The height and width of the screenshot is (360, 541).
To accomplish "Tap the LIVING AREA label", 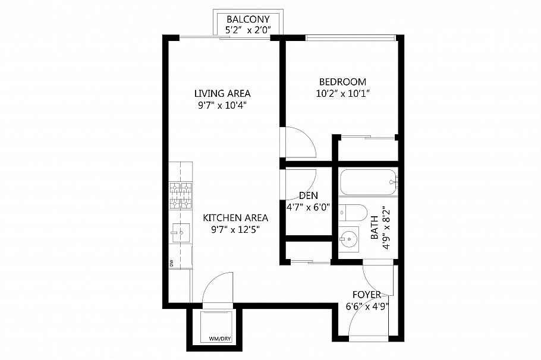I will coord(222,94).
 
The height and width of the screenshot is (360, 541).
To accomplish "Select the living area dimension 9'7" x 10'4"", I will coord(222,105).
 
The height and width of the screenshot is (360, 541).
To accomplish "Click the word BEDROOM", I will coord(342,82).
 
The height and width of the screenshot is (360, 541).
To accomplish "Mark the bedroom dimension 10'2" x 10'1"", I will coord(342,93).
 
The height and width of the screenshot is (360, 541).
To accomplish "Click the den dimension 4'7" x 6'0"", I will coord(309,207).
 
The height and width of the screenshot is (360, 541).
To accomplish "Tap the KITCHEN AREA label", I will coord(235,217).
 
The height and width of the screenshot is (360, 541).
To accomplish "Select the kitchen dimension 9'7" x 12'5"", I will coord(235,229).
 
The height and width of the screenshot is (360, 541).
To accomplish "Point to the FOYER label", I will coord(367,295).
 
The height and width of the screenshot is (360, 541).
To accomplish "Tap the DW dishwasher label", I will coord(171,263).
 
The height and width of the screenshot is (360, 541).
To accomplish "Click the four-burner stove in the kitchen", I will coord(181,196).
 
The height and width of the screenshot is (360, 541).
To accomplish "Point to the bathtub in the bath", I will coord(368,182).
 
